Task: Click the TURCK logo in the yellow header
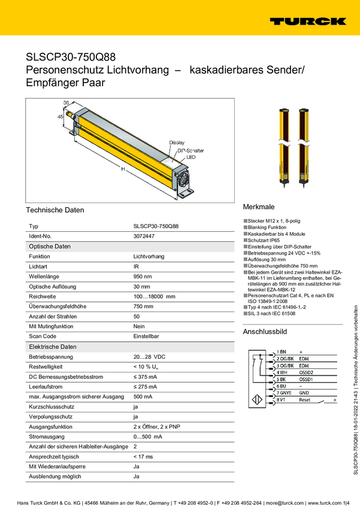click(307, 21)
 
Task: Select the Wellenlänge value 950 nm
click(143, 276)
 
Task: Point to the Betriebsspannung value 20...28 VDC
click(150, 356)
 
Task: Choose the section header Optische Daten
click(50, 247)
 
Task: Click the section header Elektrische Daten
click(53, 347)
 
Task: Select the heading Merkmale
click(258, 205)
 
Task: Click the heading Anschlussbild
click(265, 331)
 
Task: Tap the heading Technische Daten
click(55, 210)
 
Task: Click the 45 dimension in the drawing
click(60, 117)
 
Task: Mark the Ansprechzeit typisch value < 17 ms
click(144, 456)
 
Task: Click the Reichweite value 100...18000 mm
click(154, 296)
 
